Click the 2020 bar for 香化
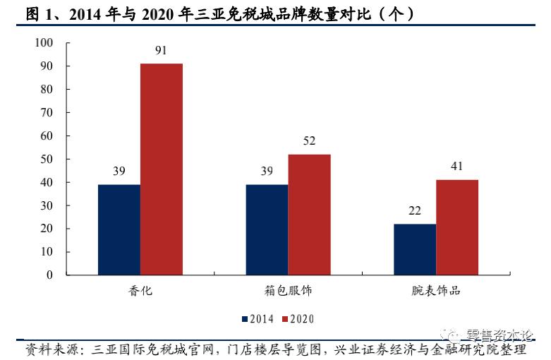[x=162, y=169]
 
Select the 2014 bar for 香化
[x=119, y=229]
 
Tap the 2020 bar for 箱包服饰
[x=309, y=215]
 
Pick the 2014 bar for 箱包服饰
[x=267, y=229]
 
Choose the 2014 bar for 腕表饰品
[x=415, y=249]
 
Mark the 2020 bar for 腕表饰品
[x=457, y=227]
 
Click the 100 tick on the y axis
[x=44, y=43]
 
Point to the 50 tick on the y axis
[x=47, y=159]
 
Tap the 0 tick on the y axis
[x=50, y=275]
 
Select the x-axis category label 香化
[x=140, y=290]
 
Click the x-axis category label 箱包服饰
[x=288, y=290]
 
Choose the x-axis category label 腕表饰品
[x=436, y=290]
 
